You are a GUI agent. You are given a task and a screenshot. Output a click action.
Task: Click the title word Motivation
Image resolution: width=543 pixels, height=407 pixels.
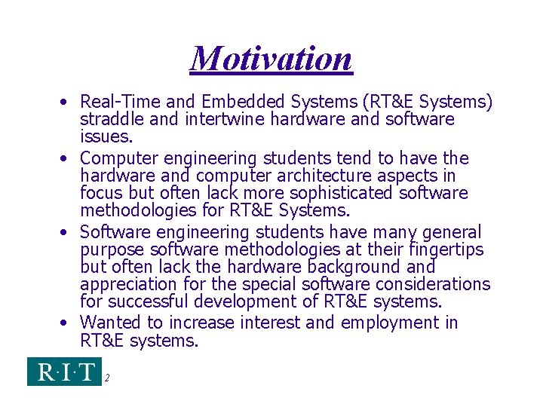point(271,59)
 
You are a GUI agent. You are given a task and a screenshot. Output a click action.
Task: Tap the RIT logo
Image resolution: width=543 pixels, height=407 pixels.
point(63,372)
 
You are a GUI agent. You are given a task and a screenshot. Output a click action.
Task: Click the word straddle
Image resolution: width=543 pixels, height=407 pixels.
point(110,119)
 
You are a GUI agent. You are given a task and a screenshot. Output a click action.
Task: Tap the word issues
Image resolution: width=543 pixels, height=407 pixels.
point(106,136)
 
